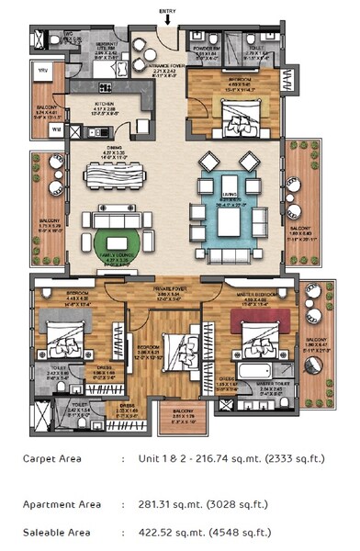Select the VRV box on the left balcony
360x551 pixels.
pos(42,69)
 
